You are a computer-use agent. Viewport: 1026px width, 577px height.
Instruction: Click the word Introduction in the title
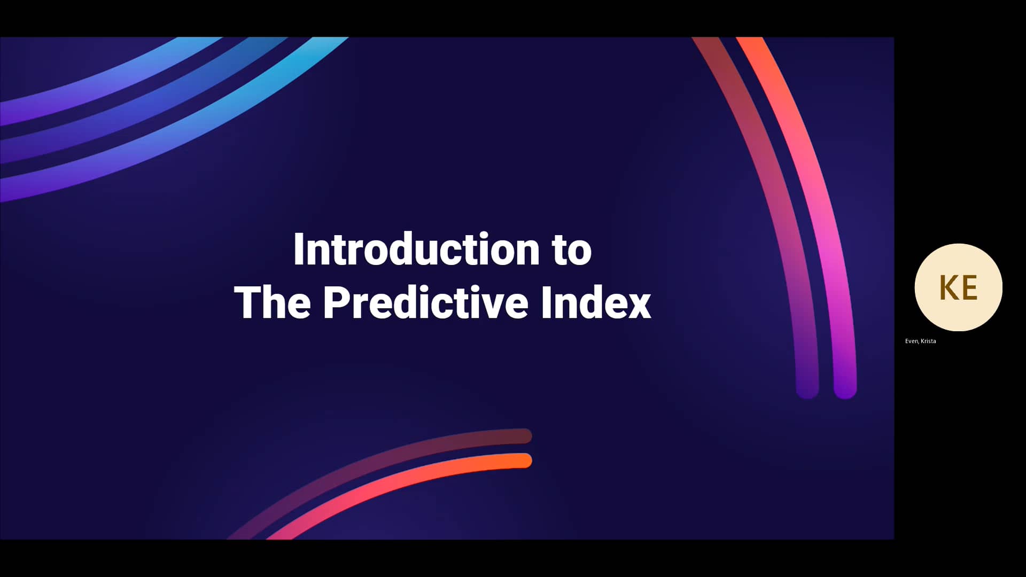(416, 249)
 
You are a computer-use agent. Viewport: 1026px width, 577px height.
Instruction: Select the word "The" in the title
(273, 303)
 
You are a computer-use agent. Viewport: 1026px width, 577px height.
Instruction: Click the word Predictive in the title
(425, 303)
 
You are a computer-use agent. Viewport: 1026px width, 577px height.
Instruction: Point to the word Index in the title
(596, 303)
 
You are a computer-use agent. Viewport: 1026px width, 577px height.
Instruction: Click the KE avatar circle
(958, 287)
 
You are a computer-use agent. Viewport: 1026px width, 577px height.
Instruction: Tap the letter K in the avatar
(948, 288)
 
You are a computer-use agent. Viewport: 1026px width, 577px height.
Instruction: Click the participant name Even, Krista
(920, 341)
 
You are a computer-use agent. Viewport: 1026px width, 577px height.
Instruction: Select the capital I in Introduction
(298, 249)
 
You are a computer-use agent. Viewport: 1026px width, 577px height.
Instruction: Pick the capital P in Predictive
(336, 303)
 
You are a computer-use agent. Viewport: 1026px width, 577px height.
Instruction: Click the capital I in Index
(546, 303)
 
